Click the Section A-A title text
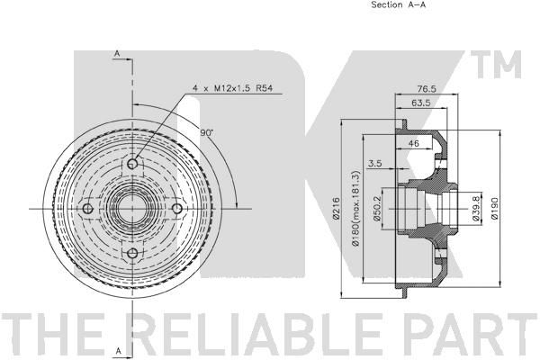[398, 4]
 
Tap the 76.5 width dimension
[427, 89]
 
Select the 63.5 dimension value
[421, 103]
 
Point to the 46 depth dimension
[413, 143]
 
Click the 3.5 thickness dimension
[374, 163]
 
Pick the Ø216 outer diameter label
[337, 207]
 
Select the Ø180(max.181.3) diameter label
[356, 207]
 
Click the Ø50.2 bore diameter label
[376, 208]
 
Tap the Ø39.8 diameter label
[476, 209]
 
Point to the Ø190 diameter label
[495, 208]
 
